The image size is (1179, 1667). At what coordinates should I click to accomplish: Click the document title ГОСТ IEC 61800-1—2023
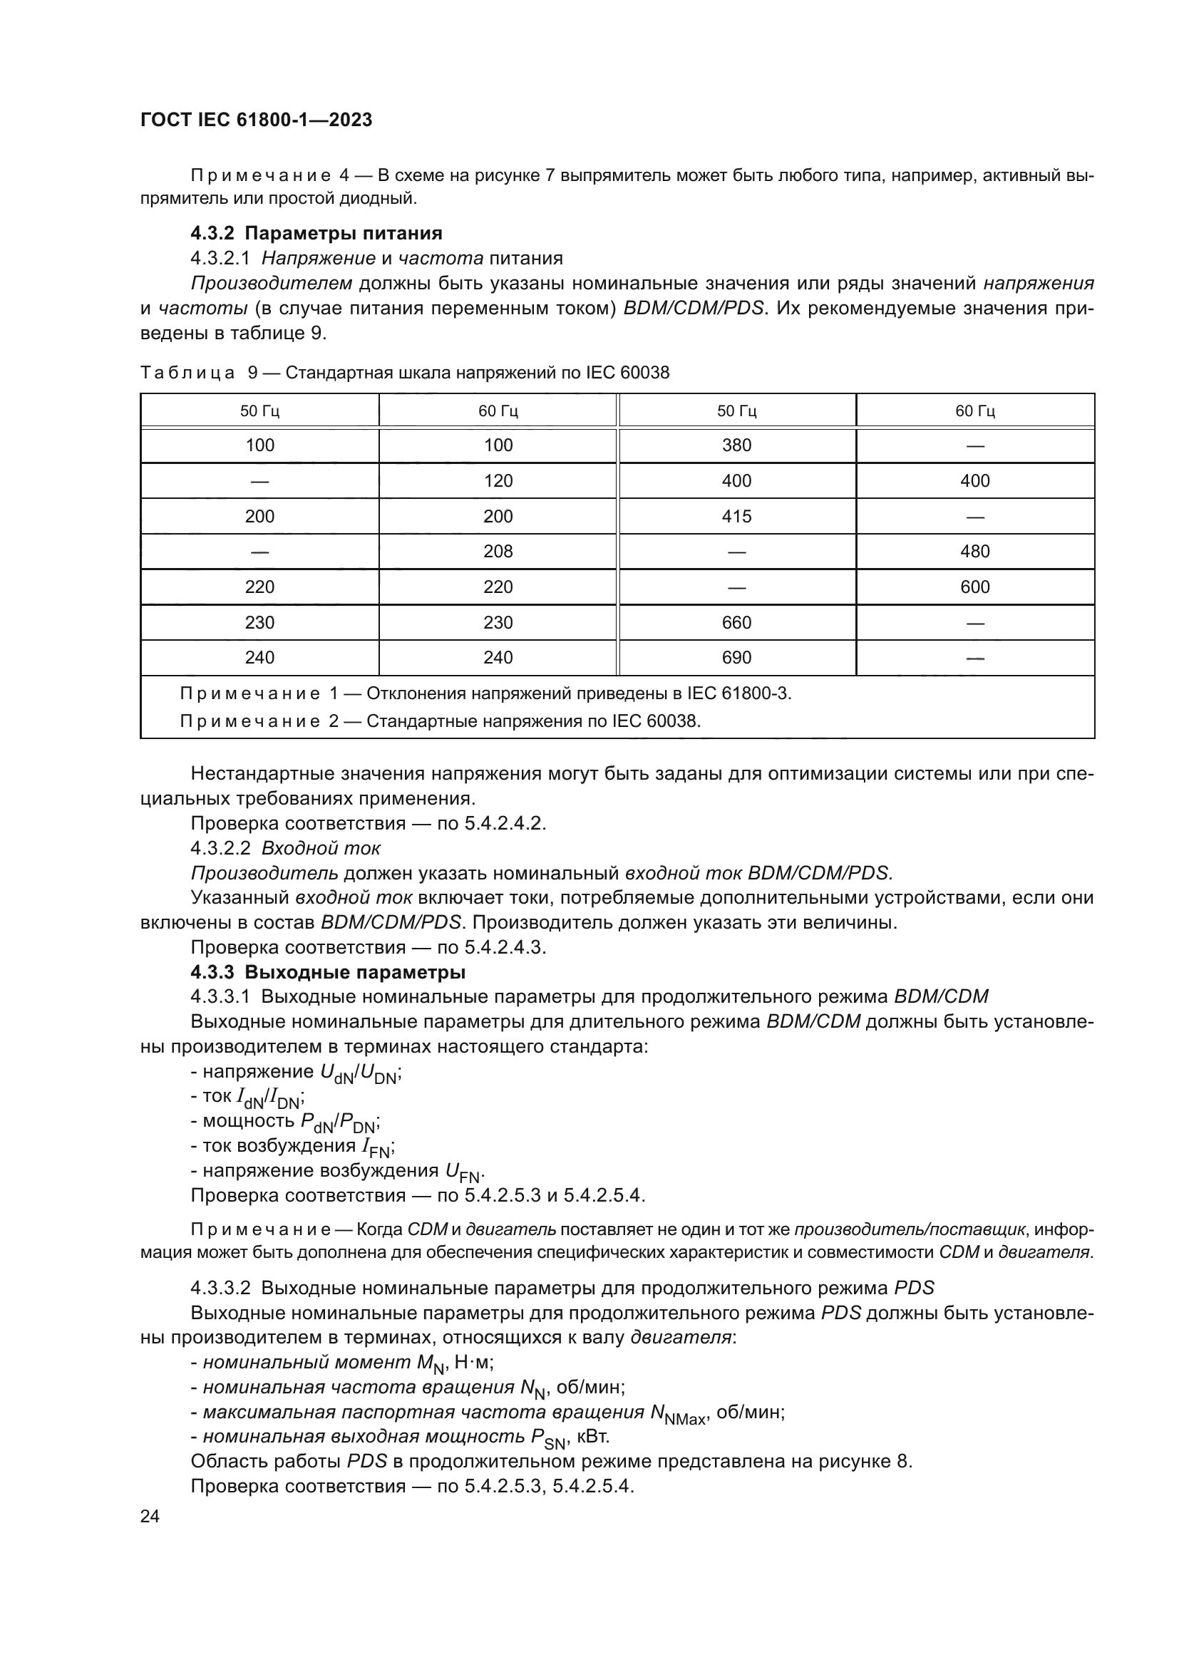[x=256, y=120]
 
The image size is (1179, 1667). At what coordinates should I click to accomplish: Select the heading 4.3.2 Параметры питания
[x=316, y=233]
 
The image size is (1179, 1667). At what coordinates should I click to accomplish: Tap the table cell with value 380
[x=736, y=445]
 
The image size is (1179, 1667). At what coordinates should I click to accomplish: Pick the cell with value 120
[x=498, y=480]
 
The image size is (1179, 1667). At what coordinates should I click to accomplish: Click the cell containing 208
[x=498, y=551]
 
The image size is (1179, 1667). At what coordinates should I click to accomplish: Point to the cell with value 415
[x=736, y=516]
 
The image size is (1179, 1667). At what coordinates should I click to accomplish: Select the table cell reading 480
[x=974, y=551]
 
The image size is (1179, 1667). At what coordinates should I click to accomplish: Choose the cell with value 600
[x=974, y=587]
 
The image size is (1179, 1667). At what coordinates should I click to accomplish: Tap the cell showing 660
[x=736, y=622]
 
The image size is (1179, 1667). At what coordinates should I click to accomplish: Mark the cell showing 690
[x=736, y=657]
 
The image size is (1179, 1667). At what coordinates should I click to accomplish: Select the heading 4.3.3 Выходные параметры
[x=327, y=972]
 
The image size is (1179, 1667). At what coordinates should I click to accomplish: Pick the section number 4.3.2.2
[x=220, y=848]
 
